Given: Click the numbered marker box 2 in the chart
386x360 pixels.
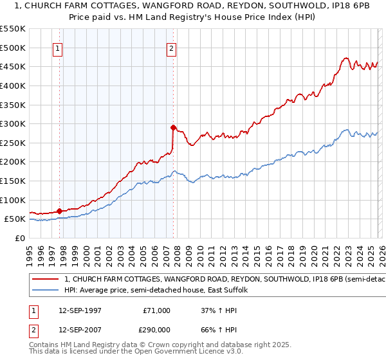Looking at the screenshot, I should tap(172, 48).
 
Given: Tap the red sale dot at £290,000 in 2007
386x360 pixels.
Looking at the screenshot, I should tap(173, 127).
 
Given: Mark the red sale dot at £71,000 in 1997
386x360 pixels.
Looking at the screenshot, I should tap(59, 210).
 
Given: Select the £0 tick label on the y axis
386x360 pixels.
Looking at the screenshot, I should tap(21, 238).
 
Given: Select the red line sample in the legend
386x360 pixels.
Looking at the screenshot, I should tap(46, 280).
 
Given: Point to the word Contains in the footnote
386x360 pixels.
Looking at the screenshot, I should tap(45, 345).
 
